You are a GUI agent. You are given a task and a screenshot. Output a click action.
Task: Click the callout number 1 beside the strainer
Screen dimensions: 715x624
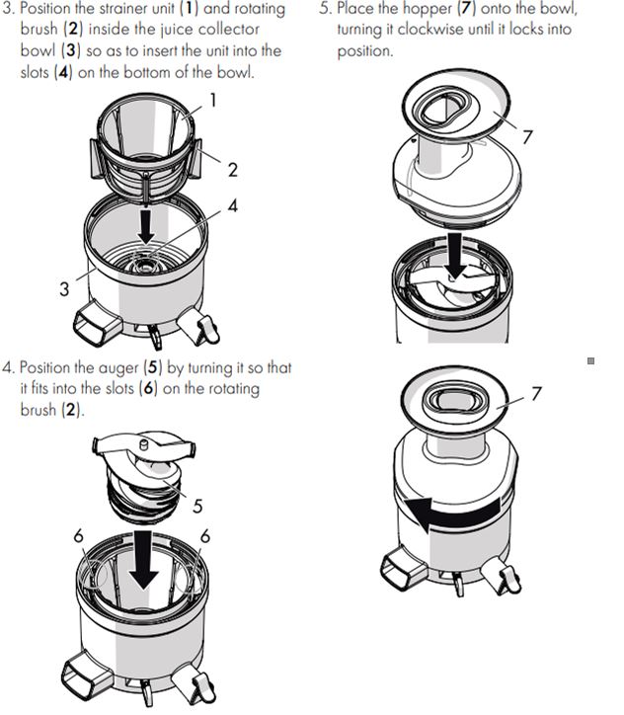point(213,99)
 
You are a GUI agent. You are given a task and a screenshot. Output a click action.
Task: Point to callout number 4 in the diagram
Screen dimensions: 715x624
point(233,206)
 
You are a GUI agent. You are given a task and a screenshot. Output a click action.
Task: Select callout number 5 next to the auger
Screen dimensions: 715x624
point(197,506)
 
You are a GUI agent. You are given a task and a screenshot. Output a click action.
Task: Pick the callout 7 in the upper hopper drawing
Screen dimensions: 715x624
point(528,136)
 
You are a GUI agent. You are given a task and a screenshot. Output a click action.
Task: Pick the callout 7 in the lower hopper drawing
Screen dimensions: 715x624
point(536,393)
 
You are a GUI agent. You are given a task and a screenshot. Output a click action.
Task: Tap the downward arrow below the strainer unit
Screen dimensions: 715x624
point(146,225)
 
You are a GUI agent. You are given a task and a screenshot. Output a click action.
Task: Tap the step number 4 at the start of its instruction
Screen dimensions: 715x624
point(8,367)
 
